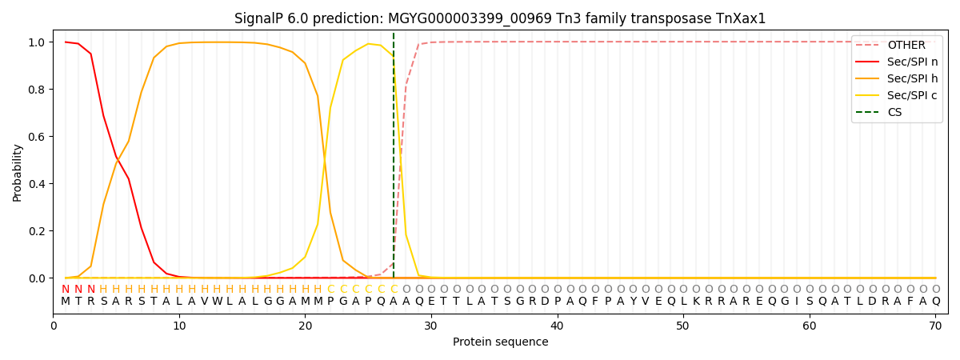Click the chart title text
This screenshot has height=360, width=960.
(x=500, y=18)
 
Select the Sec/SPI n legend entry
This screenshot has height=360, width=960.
(x=912, y=62)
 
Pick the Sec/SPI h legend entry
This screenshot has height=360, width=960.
(x=912, y=78)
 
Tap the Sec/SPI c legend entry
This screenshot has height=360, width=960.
(x=912, y=95)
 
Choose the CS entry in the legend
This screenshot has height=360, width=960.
(x=894, y=112)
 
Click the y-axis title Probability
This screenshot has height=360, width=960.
(x=18, y=172)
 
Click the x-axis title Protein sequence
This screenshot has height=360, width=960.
(x=500, y=342)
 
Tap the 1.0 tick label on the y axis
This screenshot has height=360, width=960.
(x=38, y=42)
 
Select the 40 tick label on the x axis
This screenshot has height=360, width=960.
(x=557, y=326)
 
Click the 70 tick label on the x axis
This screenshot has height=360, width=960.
(x=935, y=326)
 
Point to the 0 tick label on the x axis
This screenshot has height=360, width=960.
(x=54, y=326)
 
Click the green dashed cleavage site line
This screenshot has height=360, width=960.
(x=394, y=160)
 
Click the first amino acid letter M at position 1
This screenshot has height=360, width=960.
(x=66, y=302)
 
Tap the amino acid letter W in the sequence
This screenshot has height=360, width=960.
(x=217, y=302)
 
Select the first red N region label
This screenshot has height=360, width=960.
(x=66, y=290)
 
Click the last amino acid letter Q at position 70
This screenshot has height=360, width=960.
(x=935, y=302)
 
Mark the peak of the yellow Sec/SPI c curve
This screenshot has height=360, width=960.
(x=368, y=44)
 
